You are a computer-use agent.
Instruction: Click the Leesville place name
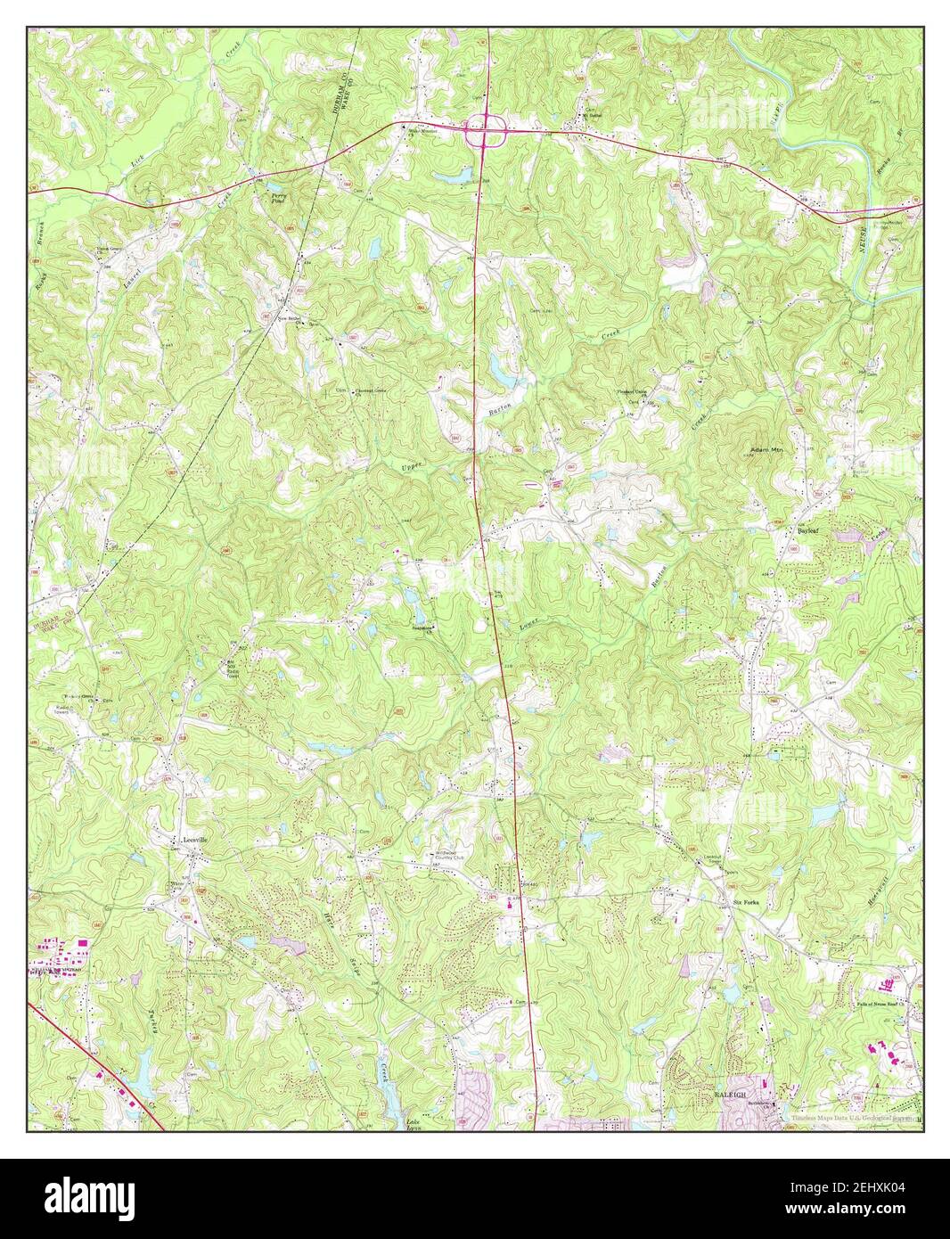[194, 840]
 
